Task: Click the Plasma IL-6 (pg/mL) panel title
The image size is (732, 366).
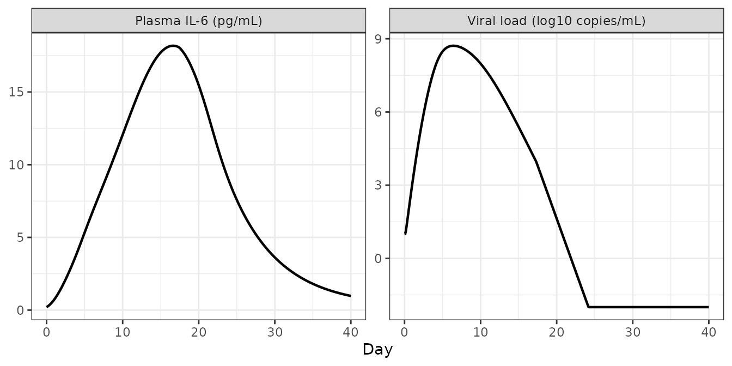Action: [x=199, y=21]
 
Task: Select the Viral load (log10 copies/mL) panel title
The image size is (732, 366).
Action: [x=557, y=21]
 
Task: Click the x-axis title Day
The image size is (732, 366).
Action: [x=377, y=349]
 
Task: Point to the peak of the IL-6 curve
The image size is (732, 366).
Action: [x=173, y=46]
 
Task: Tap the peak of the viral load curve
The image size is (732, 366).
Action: [x=453, y=46]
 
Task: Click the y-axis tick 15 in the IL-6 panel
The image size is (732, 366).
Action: [x=16, y=92]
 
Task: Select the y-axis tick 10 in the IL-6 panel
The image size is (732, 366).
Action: [x=16, y=165]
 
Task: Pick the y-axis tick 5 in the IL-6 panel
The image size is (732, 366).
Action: [x=21, y=237]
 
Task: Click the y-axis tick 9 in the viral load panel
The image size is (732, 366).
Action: [x=379, y=39]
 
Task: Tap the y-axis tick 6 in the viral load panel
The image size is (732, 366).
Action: [x=379, y=112]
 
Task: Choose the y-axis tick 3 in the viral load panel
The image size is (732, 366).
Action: [x=379, y=185]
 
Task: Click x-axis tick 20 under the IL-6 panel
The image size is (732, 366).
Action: [x=199, y=332]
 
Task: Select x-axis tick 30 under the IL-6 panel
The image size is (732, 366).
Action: [x=275, y=332]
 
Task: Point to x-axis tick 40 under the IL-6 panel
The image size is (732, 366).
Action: [x=351, y=332]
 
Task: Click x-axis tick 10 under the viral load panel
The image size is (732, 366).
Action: [x=480, y=332]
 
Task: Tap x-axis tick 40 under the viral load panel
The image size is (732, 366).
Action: [x=709, y=332]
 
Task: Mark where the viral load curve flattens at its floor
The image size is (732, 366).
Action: [x=588, y=307]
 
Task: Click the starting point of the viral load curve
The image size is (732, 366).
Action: [x=405, y=234]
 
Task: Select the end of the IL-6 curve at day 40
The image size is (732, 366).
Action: [x=350, y=296]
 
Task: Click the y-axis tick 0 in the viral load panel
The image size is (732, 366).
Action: [x=379, y=259]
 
